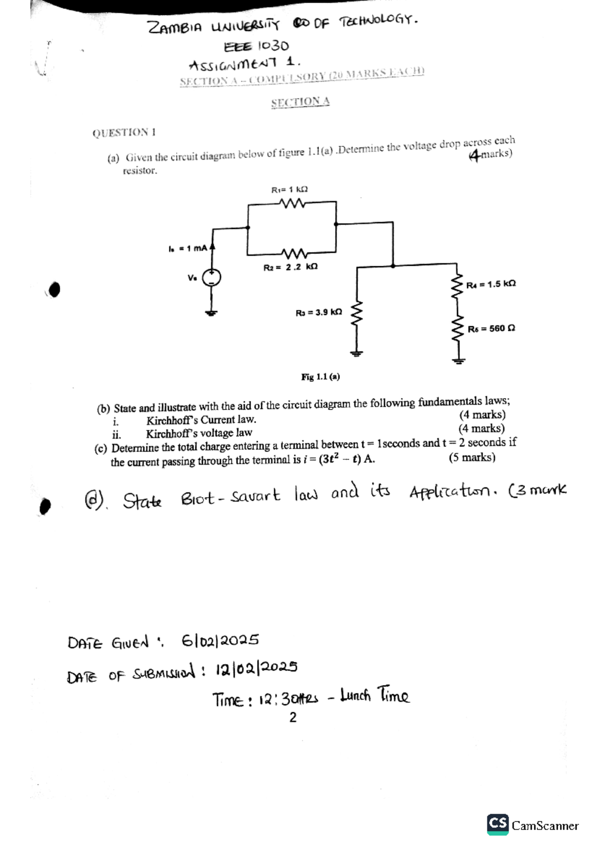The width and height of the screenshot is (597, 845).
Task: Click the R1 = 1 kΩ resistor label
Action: [x=289, y=190]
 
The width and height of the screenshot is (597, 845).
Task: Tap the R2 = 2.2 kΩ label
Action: [x=290, y=267]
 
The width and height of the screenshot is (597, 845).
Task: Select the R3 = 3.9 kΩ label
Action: [x=318, y=313]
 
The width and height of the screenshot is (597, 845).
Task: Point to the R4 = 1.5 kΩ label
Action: [x=491, y=284]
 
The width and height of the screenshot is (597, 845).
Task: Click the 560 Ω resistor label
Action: [x=491, y=328]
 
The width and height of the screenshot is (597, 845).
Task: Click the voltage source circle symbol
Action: [x=211, y=277]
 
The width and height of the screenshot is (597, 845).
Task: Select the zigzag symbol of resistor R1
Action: [x=292, y=203]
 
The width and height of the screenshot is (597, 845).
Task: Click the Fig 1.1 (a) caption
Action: [x=320, y=377]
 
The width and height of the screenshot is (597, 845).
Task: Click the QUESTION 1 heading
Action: [x=124, y=133]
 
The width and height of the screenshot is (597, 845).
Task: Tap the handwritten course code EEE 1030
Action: [x=256, y=47]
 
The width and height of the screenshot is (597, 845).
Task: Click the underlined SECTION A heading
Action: [x=300, y=102]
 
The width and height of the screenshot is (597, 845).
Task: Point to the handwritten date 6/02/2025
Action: [x=220, y=640]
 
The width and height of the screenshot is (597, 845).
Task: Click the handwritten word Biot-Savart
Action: [x=230, y=497]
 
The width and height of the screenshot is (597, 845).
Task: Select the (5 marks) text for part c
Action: [x=472, y=458]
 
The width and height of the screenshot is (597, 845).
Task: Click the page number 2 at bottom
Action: [x=293, y=718]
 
